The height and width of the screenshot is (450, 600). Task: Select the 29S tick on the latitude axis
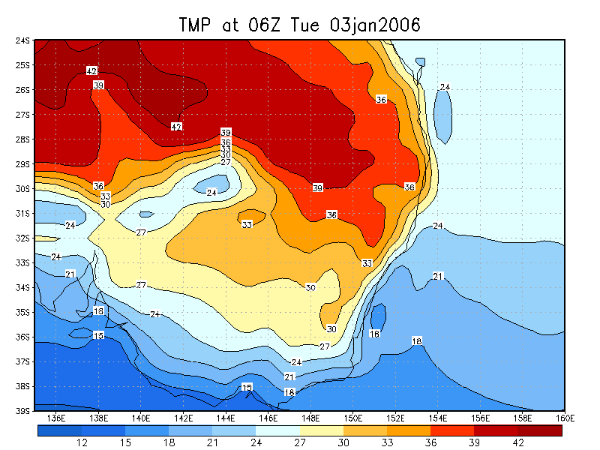coord(22,163)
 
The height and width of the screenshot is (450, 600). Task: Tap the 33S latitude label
coord(22,262)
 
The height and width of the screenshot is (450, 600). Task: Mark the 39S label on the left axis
coord(22,411)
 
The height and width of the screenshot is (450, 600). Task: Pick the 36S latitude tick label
coord(22,337)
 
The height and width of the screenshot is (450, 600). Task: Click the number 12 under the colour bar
coord(82,443)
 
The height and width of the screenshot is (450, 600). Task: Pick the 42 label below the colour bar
coord(518,443)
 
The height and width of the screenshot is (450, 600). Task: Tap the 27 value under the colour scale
coord(300,443)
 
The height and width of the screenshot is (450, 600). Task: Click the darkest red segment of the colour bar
coord(540,430)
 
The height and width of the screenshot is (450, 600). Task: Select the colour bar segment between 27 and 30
coord(322,430)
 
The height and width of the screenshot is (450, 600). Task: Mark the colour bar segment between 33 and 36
coord(409,430)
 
